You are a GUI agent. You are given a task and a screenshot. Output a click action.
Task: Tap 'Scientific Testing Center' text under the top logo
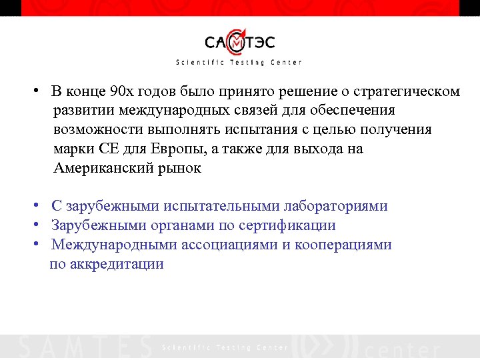point(239,63)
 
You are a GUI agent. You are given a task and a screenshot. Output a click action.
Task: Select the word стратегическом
point(411,91)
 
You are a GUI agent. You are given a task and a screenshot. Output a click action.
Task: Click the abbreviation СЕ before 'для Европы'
point(107,149)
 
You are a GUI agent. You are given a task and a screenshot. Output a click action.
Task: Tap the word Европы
point(173,149)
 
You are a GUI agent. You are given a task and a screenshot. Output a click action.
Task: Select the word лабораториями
point(335,206)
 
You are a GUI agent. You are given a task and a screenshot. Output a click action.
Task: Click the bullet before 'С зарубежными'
point(40,205)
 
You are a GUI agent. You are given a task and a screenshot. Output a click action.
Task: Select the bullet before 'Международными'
point(40,244)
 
